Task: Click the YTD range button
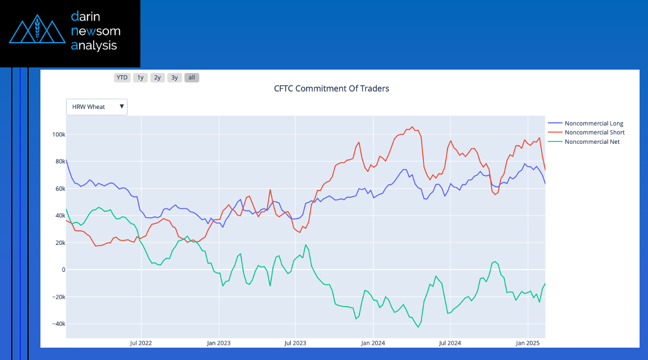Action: [x=122, y=78]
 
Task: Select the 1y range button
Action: [x=140, y=78]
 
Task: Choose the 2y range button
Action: [x=157, y=78]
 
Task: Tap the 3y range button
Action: [x=175, y=78]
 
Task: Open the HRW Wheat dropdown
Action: [x=97, y=107]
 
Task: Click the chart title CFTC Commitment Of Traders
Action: [x=331, y=88]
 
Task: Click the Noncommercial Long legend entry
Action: [x=594, y=124]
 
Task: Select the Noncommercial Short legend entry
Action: [x=594, y=133]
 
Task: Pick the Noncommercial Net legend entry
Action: [x=592, y=142]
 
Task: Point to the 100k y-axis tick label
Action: [x=58, y=135]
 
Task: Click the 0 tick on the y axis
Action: [x=63, y=270]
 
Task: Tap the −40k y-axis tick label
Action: [x=57, y=324]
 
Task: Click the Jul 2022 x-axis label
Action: [x=141, y=343]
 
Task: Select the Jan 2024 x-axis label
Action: [x=373, y=343]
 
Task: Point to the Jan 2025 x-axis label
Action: [x=528, y=343]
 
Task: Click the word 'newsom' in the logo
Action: [x=95, y=31]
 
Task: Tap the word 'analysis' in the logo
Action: [x=94, y=45]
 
